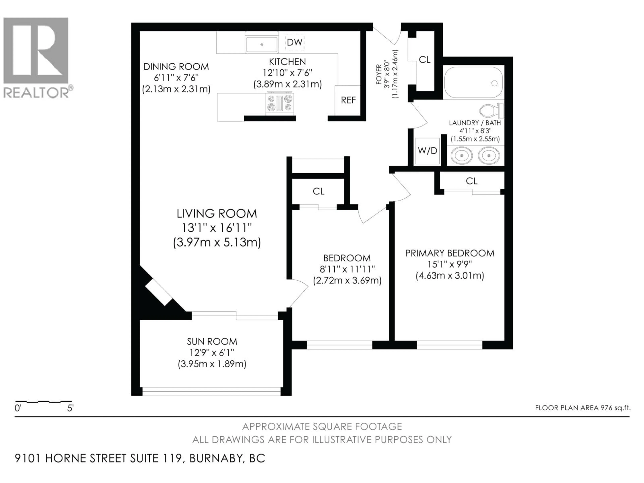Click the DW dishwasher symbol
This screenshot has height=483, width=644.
294,42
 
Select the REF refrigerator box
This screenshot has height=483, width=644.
348,100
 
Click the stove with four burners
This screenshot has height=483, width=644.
280,103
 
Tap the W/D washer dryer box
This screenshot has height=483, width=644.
427,151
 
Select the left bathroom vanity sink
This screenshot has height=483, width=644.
462,155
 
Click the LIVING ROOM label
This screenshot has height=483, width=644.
217,214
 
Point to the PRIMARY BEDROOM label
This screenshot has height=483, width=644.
449,253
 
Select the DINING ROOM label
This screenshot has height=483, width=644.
176,67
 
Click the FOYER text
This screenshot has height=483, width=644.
379,74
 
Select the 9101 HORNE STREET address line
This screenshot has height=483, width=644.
140,458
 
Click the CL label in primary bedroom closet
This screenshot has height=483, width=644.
471,181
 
